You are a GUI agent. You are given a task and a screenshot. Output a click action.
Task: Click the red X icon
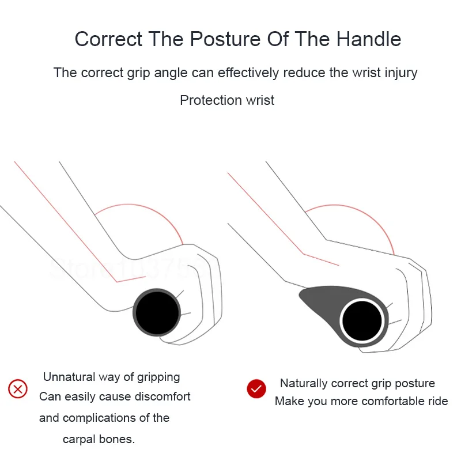18,389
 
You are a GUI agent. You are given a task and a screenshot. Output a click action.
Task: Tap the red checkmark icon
256,389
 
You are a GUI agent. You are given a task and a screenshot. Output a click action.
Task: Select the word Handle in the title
368,39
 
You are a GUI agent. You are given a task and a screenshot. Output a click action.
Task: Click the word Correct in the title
108,39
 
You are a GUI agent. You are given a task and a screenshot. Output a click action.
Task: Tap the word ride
437,401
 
